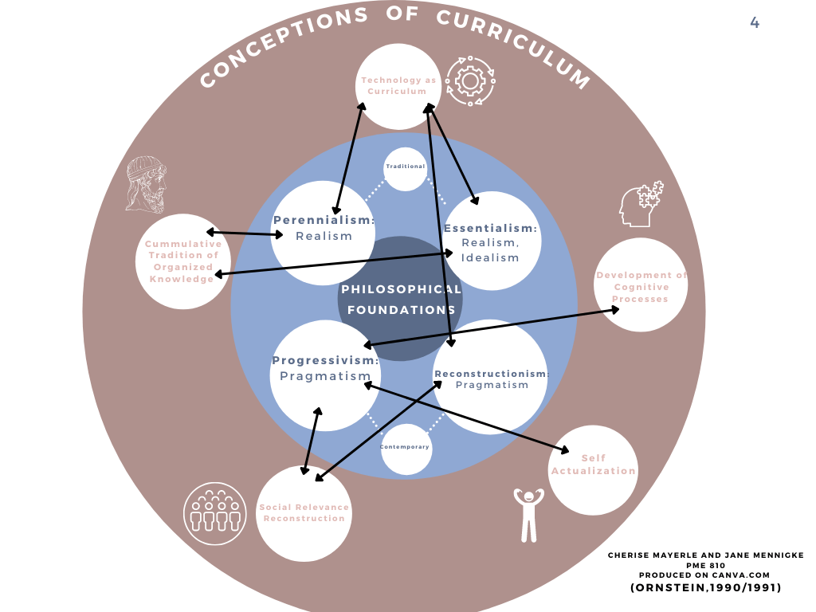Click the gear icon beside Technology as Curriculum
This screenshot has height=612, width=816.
[469, 80]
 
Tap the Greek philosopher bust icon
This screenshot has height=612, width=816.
[147, 184]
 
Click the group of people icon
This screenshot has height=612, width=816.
[215, 513]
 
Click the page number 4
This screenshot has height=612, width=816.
[755, 23]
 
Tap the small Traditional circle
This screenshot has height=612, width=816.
[406, 167]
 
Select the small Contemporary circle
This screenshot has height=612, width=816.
[406, 447]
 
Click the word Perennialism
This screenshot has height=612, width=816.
[324, 220]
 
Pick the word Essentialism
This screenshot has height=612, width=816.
[490, 228]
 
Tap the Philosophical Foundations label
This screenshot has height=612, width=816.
[401, 300]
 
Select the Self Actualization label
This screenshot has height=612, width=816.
[594, 465]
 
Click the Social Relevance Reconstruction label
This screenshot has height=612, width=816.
[304, 513]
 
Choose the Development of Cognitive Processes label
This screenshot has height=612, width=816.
[641, 287]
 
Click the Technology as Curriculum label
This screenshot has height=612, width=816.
[398, 85]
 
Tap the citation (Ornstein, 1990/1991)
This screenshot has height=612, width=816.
[705, 588]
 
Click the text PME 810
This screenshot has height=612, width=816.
[705, 565]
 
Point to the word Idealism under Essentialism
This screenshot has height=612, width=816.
[490, 257]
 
